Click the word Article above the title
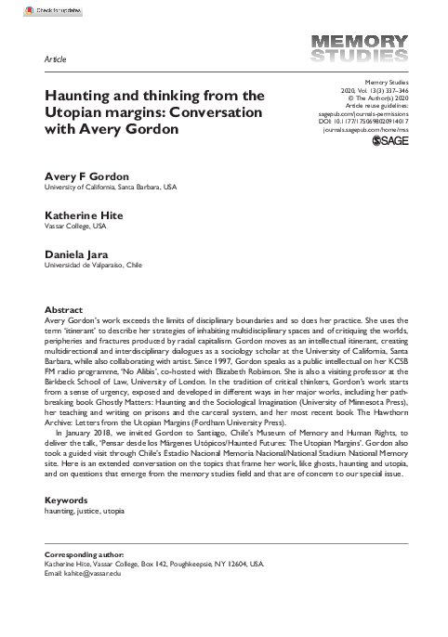click(x=56, y=58)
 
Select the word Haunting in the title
click(x=79, y=95)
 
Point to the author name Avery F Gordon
click(x=88, y=176)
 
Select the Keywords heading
click(x=66, y=500)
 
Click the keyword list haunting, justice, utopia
click(x=85, y=511)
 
